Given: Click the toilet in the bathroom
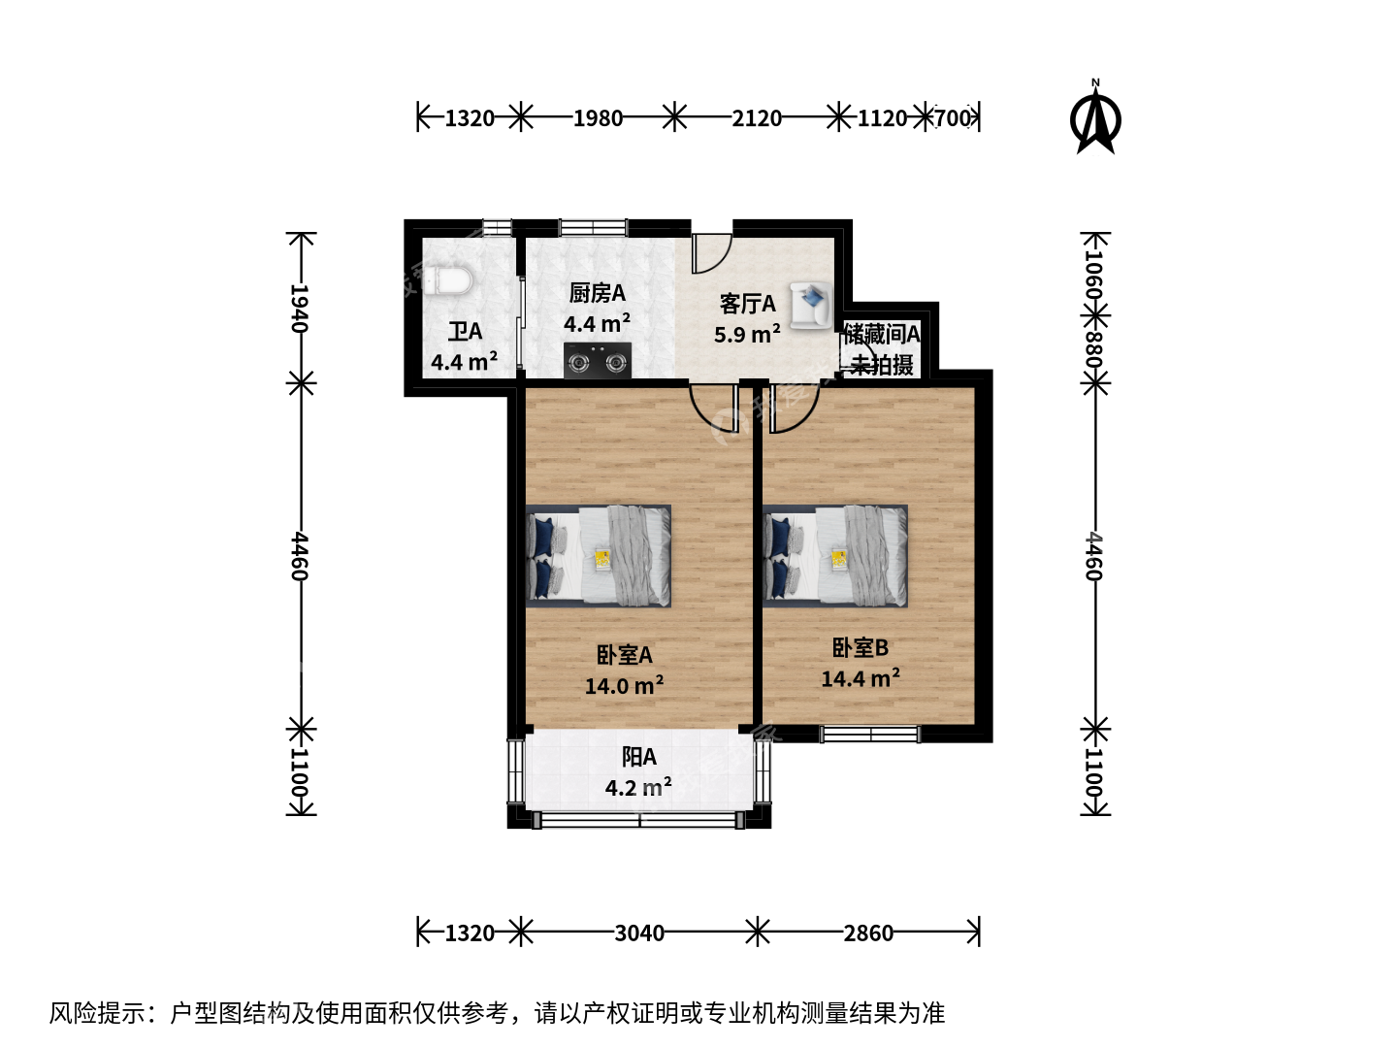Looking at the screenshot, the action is [x=449, y=280].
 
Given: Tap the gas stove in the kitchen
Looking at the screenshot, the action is [x=598, y=361].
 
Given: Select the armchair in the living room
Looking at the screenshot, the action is [x=811, y=306].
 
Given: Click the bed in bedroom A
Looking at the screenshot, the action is [x=599, y=555].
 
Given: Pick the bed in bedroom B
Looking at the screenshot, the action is [x=835, y=555].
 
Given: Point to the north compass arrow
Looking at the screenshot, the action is [x=1095, y=119].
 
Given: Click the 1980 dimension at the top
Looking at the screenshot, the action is [x=598, y=118].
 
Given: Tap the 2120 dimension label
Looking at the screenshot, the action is [x=756, y=118].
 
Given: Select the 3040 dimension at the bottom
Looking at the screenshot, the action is [x=639, y=933].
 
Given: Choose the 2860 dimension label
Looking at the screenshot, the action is [x=868, y=933].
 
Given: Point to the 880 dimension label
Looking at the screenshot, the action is [x=1093, y=349].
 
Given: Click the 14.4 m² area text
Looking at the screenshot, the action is [x=861, y=678].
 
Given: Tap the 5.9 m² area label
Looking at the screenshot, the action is [x=747, y=334].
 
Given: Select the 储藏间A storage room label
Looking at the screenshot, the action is [x=882, y=334].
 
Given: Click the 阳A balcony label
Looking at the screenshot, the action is [x=638, y=757].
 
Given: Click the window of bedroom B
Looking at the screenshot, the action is [x=870, y=735].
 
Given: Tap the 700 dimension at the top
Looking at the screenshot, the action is [x=952, y=118].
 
